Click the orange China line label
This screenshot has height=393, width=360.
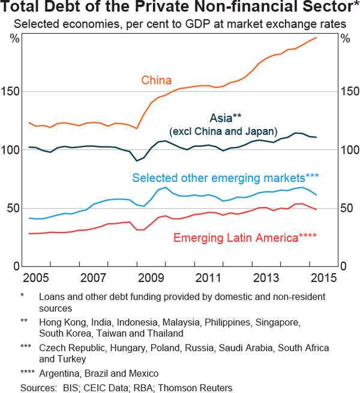coord(156,80)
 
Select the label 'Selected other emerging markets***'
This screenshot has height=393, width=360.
coord(225,178)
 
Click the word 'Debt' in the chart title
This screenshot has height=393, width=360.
coord(67,9)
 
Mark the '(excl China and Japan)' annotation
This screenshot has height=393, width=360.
coord(223,131)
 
